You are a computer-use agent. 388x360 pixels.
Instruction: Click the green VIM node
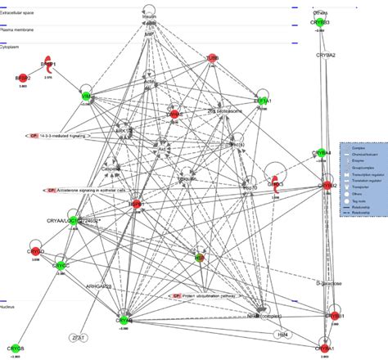pyautogui.click(x=86, y=97)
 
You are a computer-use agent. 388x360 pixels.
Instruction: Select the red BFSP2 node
pyautogui.click(x=22, y=79)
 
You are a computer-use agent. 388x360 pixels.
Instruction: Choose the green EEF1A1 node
pyautogui.click(x=263, y=98)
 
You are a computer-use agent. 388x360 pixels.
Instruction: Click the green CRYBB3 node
pyautogui.click(x=321, y=23)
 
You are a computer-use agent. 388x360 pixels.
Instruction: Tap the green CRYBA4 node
pyautogui.click(x=323, y=153)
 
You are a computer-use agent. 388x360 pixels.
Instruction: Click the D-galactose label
pyautogui.click(x=328, y=284)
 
